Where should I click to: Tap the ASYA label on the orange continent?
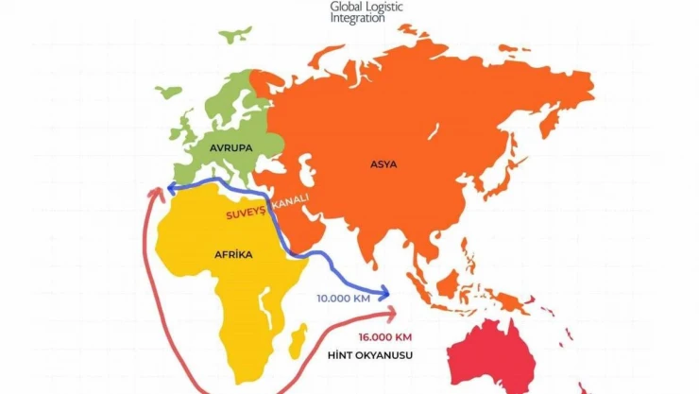(384, 164)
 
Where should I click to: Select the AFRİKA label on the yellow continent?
(233, 254)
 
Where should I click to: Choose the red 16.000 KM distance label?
(384, 337)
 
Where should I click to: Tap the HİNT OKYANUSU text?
(370, 355)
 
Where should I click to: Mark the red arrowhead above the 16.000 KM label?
(392, 314)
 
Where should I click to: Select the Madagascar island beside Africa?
(299, 336)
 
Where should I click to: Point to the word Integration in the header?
(357, 18)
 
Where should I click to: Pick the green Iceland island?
(167, 93)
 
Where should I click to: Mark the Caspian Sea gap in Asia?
(304, 171)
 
